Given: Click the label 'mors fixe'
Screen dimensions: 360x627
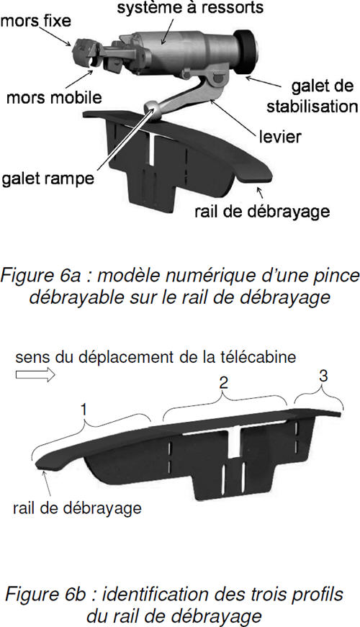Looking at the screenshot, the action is click(35, 21).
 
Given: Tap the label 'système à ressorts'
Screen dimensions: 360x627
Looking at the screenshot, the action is click(190, 7).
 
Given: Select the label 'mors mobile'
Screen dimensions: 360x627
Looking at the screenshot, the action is click(55, 97).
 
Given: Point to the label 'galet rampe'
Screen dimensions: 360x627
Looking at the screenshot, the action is click(48, 179).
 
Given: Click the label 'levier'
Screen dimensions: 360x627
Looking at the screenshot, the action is click(280, 137).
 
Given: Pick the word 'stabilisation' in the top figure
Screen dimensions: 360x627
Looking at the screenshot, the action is click(312, 107).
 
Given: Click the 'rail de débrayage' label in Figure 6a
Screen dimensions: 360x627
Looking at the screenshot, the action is click(262, 211).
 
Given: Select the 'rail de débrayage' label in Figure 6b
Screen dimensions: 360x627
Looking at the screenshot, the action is click(77, 508).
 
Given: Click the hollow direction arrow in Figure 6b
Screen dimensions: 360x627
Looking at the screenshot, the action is click(35, 374).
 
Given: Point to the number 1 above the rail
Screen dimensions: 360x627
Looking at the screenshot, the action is click(84, 410).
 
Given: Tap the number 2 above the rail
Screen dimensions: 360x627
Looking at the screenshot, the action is click(224, 383).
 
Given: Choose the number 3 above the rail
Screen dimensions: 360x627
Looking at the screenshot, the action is click(323, 376).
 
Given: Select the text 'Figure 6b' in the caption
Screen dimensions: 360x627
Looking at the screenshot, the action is click(49, 594).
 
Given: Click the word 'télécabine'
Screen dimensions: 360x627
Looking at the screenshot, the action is click(262, 356).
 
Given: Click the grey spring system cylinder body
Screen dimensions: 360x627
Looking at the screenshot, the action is click(180, 52).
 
